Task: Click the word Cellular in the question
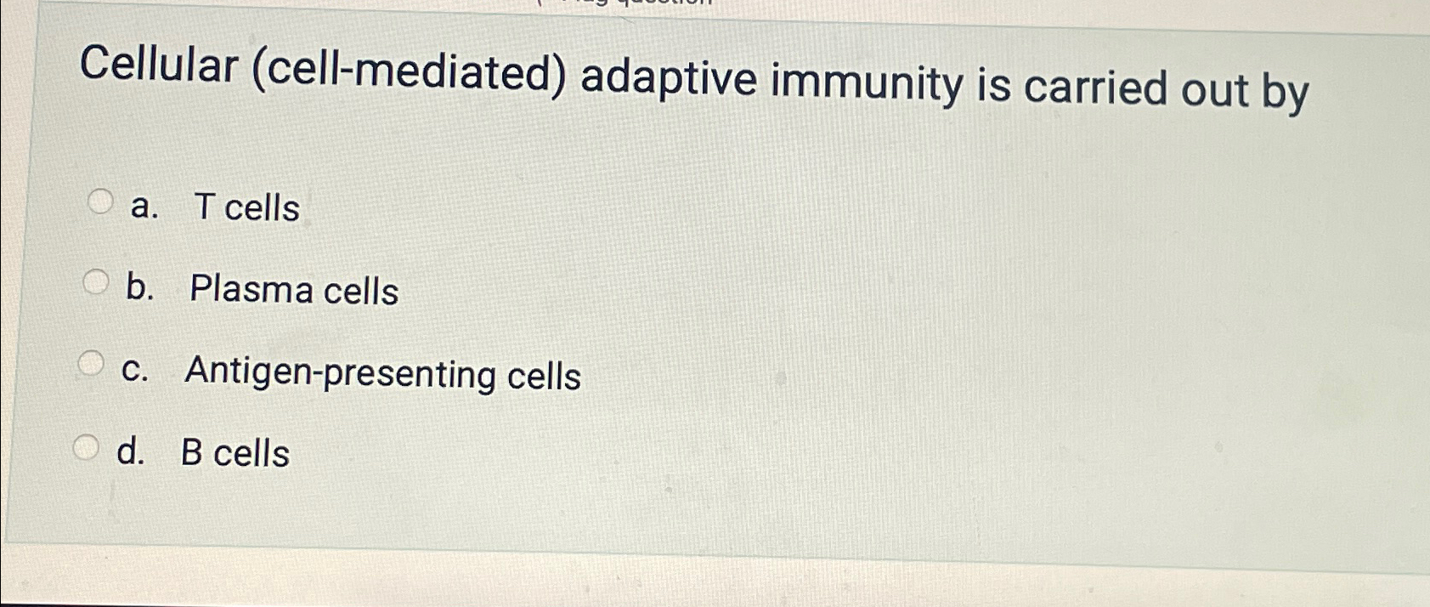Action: click(158, 65)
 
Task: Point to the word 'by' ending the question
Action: click(1285, 93)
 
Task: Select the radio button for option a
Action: click(101, 201)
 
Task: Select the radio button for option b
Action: click(96, 281)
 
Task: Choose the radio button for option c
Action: click(91, 364)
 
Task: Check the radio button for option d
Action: click(86, 446)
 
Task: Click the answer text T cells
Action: click(246, 207)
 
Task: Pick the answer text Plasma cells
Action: click(294, 290)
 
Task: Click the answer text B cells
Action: click(235, 453)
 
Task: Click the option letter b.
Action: click(138, 288)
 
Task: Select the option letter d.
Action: click(129, 452)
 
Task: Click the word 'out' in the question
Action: click(1214, 91)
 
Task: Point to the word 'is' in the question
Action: click(993, 87)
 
